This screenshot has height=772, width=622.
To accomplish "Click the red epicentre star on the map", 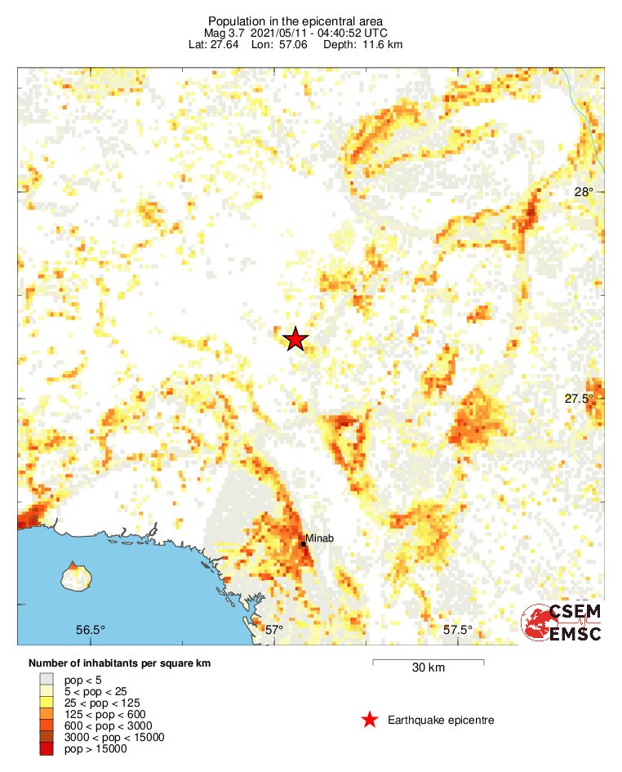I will pyautogui.click(x=295, y=339).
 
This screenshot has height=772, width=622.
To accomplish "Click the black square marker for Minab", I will pyautogui.click(x=303, y=544).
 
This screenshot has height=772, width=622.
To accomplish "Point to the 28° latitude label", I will pyautogui.click(x=584, y=193).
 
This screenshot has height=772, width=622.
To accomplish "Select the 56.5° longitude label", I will pyautogui.click(x=91, y=630).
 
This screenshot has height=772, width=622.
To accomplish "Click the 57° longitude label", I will pyautogui.click(x=274, y=630).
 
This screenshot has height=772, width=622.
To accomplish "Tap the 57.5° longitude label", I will pyautogui.click(x=458, y=630).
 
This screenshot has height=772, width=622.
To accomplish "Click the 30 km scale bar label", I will pyautogui.click(x=428, y=668).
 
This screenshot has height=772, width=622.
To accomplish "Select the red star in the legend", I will pyautogui.click(x=370, y=720).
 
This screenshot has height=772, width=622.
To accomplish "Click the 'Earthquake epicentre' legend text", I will pyautogui.click(x=441, y=720).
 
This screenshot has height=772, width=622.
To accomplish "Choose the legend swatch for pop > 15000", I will pyautogui.click(x=47, y=748).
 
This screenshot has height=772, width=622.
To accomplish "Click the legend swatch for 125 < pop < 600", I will pyautogui.click(x=47, y=714).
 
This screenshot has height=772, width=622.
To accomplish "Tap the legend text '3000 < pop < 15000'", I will pyautogui.click(x=114, y=737).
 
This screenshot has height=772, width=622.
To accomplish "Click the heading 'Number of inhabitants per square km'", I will pyautogui.click(x=119, y=663).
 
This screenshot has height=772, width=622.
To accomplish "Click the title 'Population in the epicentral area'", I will pyautogui.click(x=295, y=20).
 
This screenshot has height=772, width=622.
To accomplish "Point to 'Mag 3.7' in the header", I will pyautogui.click(x=222, y=33).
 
